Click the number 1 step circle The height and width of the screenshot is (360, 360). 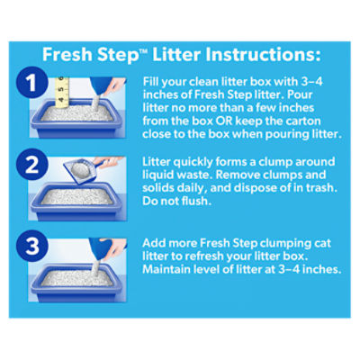pyautogui.click(x=32, y=82)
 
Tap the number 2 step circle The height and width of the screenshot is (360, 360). pyautogui.click(x=32, y=164)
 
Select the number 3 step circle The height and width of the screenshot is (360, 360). pyautogui.click(x=32, y=246)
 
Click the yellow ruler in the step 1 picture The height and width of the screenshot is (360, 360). pyautogui.click(x=62, y=93)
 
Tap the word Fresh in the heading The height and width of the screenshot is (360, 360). pyautogui.click(x=67, y=54)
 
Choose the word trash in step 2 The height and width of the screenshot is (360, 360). pyautogui.click(x=321, y=188)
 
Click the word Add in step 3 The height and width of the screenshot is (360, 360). pyautogui.click(x=153, y=243)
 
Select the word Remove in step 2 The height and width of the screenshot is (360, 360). pyautogui.click(x=236, y=175)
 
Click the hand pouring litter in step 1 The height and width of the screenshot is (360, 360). pyautogui.click(x=114, y=85)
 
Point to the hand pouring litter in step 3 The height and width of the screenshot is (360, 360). pyautogui.click(x=114, y=247)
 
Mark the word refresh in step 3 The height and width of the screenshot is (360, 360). pyautogui.click(x=203, y=256)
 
